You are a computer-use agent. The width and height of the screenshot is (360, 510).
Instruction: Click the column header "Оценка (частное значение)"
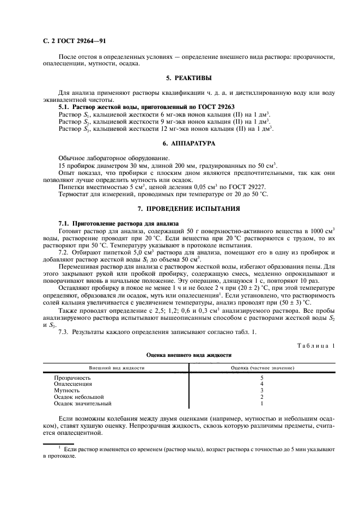[x=263, y=368]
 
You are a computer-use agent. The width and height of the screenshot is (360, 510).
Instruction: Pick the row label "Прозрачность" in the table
[x=72, y=378]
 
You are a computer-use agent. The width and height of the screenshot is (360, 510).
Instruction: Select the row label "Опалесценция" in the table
[x=72, y=384]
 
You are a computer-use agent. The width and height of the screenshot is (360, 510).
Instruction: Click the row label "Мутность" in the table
[x=67, y=391]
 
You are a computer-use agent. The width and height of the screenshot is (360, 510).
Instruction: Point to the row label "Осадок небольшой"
[x=78, y=397]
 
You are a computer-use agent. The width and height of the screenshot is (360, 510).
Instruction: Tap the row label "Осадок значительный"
[x=82, y=404]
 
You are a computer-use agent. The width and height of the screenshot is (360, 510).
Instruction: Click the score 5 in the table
[x=262, y=378]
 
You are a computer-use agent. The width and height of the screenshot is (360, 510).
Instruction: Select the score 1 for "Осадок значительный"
[x=262, y=404]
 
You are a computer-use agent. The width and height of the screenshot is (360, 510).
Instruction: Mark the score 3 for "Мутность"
[x=262, y=391]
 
